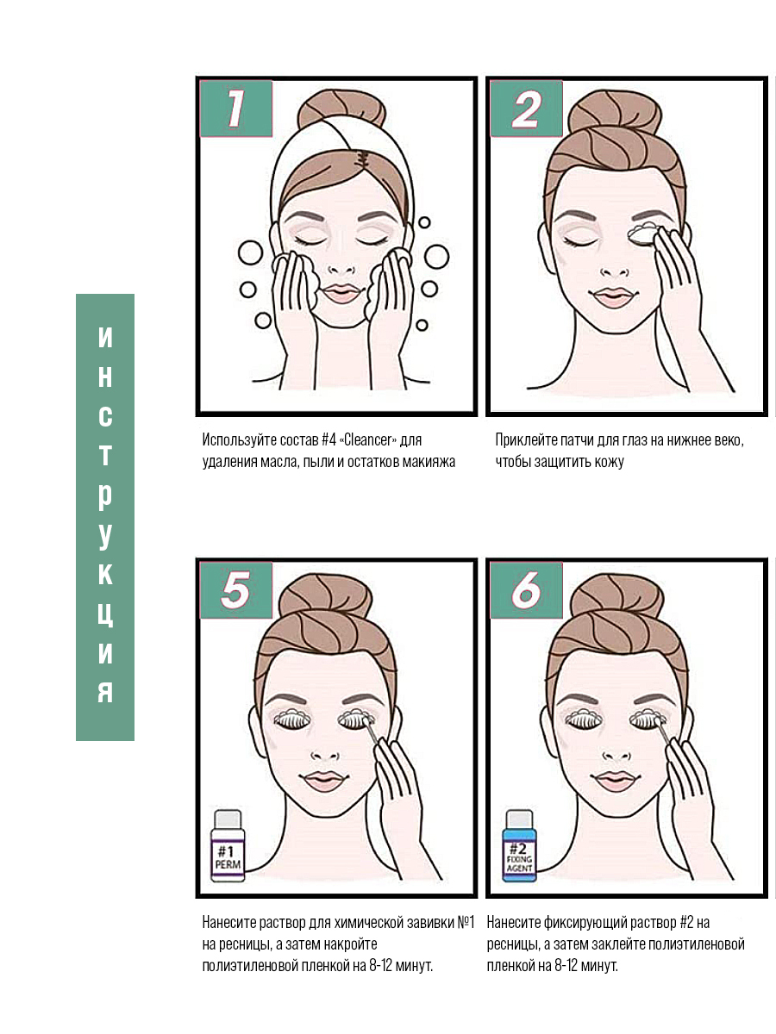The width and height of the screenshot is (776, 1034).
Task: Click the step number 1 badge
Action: pyautogui.click(x=236, y=109)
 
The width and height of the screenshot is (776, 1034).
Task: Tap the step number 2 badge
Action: pyautogui.click(x=526, y=109)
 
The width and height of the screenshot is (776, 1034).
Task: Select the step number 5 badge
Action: pyautogui.click(x=236, y=590)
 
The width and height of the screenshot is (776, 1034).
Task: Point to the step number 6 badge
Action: pyautogui.click(x=526, y=590)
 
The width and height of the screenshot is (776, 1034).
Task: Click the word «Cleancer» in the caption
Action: pyautogui.click(x=367, y=440)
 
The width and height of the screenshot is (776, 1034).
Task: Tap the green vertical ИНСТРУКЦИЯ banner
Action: pyautogui.click(x=105, y=517)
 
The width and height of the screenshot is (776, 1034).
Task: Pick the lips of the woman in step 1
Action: pyautogui.click(x=341, y=294)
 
